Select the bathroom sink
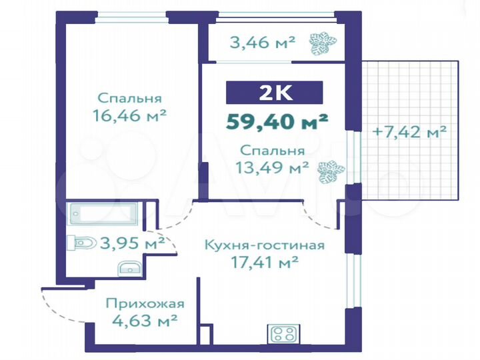point(131,269)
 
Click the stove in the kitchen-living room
point(285,333)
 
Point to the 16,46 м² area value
point(130,115)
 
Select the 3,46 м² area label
point(262,44)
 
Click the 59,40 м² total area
point(277,121)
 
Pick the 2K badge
point(274,93)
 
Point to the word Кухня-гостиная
point(264,245)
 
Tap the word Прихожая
point(145,304)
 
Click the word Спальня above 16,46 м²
point(129,98)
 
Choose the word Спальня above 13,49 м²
point(274,151)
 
